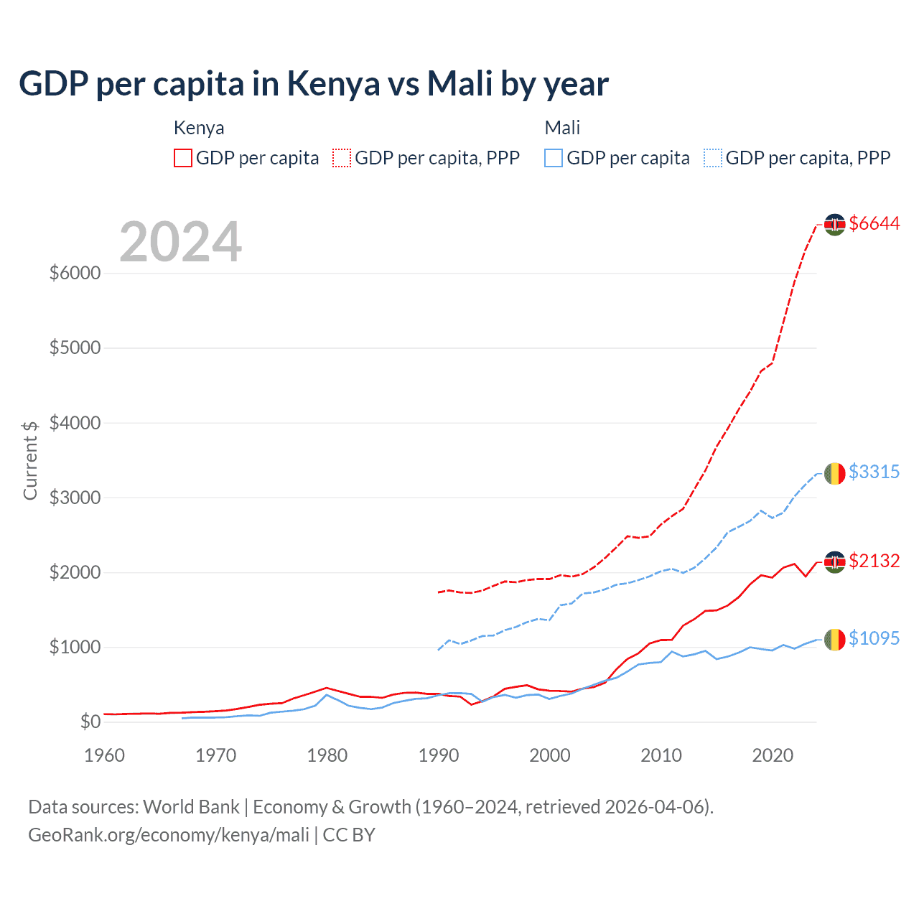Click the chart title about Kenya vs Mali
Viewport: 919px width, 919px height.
[314, 84]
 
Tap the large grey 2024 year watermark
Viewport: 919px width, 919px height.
[180, 242]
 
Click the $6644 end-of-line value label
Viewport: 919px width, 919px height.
[874, 223]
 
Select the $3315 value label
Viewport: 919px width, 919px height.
[874, 472]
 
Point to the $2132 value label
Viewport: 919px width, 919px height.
[874, 561]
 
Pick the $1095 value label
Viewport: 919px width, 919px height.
[874, 638]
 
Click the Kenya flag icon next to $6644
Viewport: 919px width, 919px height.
[834, 224]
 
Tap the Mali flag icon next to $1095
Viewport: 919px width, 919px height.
[834, 639]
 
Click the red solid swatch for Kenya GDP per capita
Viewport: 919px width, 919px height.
[183, 158]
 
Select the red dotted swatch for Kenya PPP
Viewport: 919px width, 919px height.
[342, 158]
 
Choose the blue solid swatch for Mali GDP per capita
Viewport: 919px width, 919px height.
[554, 158]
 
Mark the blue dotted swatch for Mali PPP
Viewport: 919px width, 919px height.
[713, 158]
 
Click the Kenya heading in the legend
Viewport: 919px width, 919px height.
[199, 128]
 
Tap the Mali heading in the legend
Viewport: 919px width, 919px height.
[562, 128]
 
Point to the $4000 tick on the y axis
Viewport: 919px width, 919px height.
[75, 423]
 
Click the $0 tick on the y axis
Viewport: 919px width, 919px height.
[90, 722]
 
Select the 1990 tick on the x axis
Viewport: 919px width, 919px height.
[439, 755]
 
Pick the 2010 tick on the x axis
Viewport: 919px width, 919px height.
[661, 755]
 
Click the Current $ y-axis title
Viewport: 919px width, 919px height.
[30, 460]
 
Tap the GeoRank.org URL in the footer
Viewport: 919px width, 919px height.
[169, 835]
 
